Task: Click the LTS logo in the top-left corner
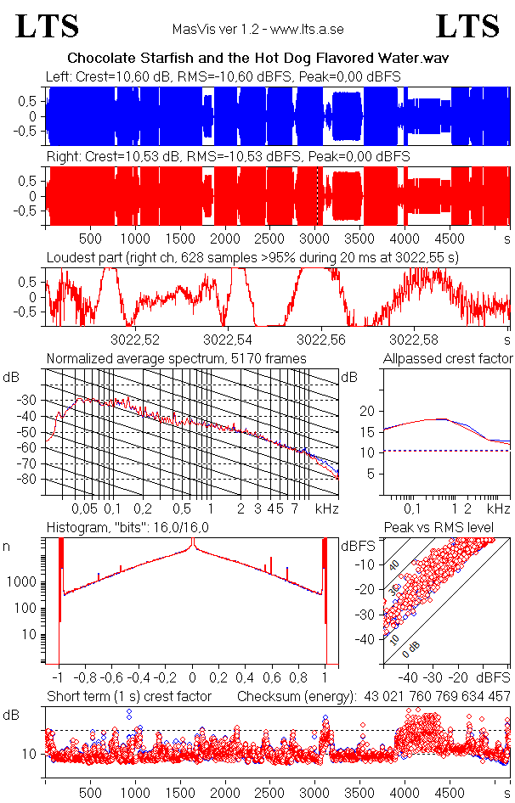tap(48, 26)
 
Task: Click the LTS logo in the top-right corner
tap(467, 26)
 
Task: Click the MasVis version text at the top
tap(257, 29)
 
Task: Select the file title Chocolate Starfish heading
tap(257, 58)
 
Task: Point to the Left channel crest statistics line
tap(224, 77)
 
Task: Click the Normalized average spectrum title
tap(176, 359)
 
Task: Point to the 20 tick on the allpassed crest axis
tap(367, 411)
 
